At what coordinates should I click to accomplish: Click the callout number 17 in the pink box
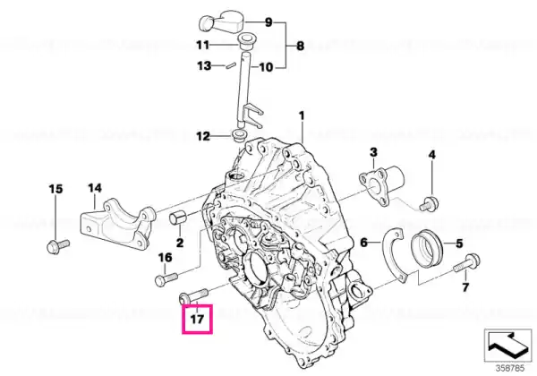click(197, 320)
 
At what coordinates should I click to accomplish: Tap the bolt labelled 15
click(58, 246)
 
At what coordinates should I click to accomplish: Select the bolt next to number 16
click(166, 279)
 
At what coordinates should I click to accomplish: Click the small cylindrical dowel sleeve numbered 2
click(177, 218)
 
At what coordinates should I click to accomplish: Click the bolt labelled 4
click(429, 204)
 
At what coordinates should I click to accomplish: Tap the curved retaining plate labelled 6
click(394, 255)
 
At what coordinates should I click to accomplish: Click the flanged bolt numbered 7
click(466, 262)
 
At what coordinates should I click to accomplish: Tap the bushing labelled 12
click(238, 135)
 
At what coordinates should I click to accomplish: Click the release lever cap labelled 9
click(222, 21)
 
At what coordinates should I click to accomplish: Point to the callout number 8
click(300, 46)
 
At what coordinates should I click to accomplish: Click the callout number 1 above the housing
click(302, 115)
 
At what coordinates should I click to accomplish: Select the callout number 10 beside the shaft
click(266, 67)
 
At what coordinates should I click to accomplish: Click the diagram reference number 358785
click(509, 369)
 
